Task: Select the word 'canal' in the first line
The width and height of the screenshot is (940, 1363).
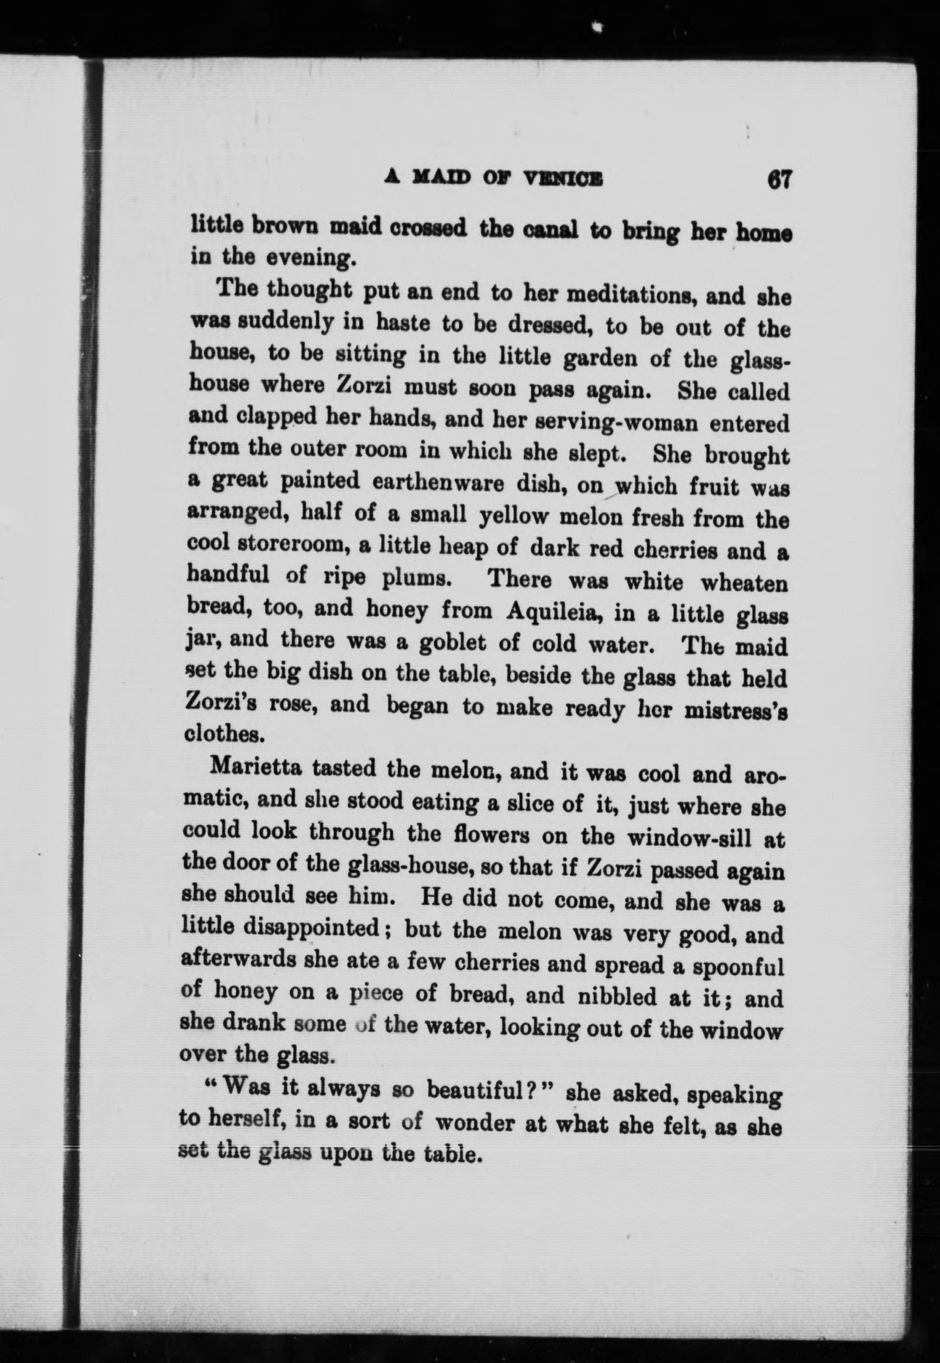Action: [x=552, y=229]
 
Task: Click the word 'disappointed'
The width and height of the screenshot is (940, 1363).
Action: [x=312, y=929]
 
